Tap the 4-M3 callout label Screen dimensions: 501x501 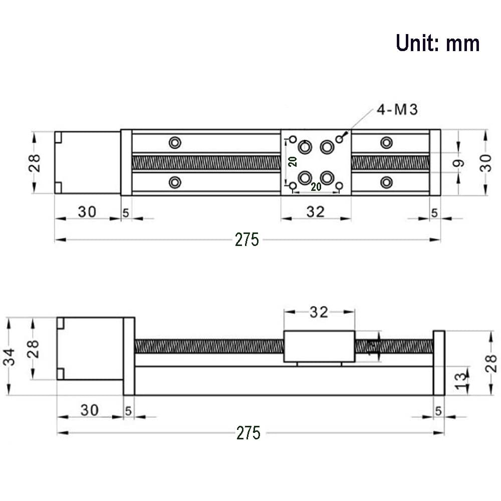[397, 110]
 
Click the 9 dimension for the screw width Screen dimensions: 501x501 [458, 163]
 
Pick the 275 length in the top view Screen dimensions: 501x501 [247, 240]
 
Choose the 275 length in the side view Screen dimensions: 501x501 [248, 433]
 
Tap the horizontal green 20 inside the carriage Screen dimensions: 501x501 [316, 187]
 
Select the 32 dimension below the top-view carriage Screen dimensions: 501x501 [315, 212]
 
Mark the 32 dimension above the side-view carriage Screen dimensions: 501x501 [319, 312]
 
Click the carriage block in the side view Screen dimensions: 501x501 [319, 347]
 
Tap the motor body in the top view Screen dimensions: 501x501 [88, 162]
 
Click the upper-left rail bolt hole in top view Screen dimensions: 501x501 [174, 143]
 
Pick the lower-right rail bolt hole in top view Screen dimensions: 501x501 [386, 182]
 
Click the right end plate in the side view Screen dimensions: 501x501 [439, 363]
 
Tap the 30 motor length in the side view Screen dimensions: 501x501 [90, 410]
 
